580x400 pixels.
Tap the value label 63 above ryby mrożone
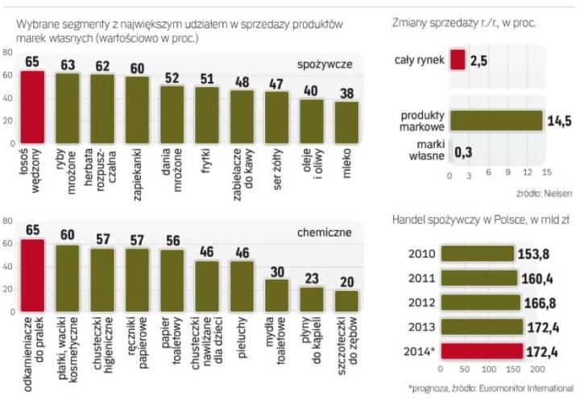[x=67, y=64]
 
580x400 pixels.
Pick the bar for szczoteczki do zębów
[x=347, y=299]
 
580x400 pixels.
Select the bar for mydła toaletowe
[x=277, y=294]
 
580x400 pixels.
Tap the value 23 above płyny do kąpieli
[x=312, y=279]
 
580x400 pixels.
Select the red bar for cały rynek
[x=457, y=60]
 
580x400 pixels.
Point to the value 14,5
[x=561, y=121]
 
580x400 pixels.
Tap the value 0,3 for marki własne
[x=463, y=151]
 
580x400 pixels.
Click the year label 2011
[x=423, y=278]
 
